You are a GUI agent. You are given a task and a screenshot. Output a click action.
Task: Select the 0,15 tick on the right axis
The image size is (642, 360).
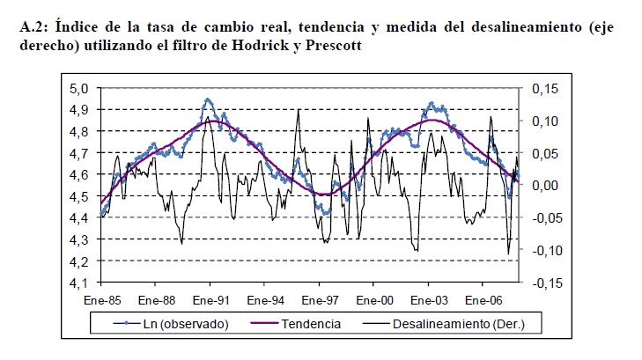pos(544,88)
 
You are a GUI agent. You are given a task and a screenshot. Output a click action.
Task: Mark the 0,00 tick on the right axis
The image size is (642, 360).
pos(544,186)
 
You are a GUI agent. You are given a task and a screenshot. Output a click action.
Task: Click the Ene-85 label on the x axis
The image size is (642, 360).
pos(102,299)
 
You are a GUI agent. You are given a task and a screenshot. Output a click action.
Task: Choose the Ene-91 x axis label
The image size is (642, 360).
pos(210,299)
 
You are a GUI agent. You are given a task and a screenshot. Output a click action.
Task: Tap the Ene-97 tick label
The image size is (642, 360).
pos(318,299)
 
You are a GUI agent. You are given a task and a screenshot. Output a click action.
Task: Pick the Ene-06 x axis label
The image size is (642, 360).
pos(481,299)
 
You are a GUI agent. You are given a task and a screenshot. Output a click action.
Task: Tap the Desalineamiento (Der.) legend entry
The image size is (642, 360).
pos(454,324)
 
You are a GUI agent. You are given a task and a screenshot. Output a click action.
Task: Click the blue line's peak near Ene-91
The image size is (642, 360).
pos(207,99)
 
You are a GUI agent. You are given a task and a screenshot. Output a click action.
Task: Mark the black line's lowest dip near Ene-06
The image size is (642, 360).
pos(508,254)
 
